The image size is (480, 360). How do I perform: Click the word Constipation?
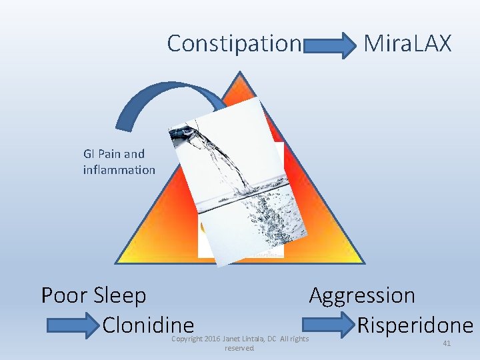(234, 43)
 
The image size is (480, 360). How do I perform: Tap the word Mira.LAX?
(407, 43)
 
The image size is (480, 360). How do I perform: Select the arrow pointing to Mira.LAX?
(332, 46)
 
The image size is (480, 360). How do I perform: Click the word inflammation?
(119, 170)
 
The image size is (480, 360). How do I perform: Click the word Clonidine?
(148, 325)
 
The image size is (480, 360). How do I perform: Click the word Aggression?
(362, 295)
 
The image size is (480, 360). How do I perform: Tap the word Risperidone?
(415, 325)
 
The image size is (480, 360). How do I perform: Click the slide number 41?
(447, 343)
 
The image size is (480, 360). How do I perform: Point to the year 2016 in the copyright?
(211, 339)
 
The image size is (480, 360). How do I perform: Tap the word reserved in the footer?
(239, 348)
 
